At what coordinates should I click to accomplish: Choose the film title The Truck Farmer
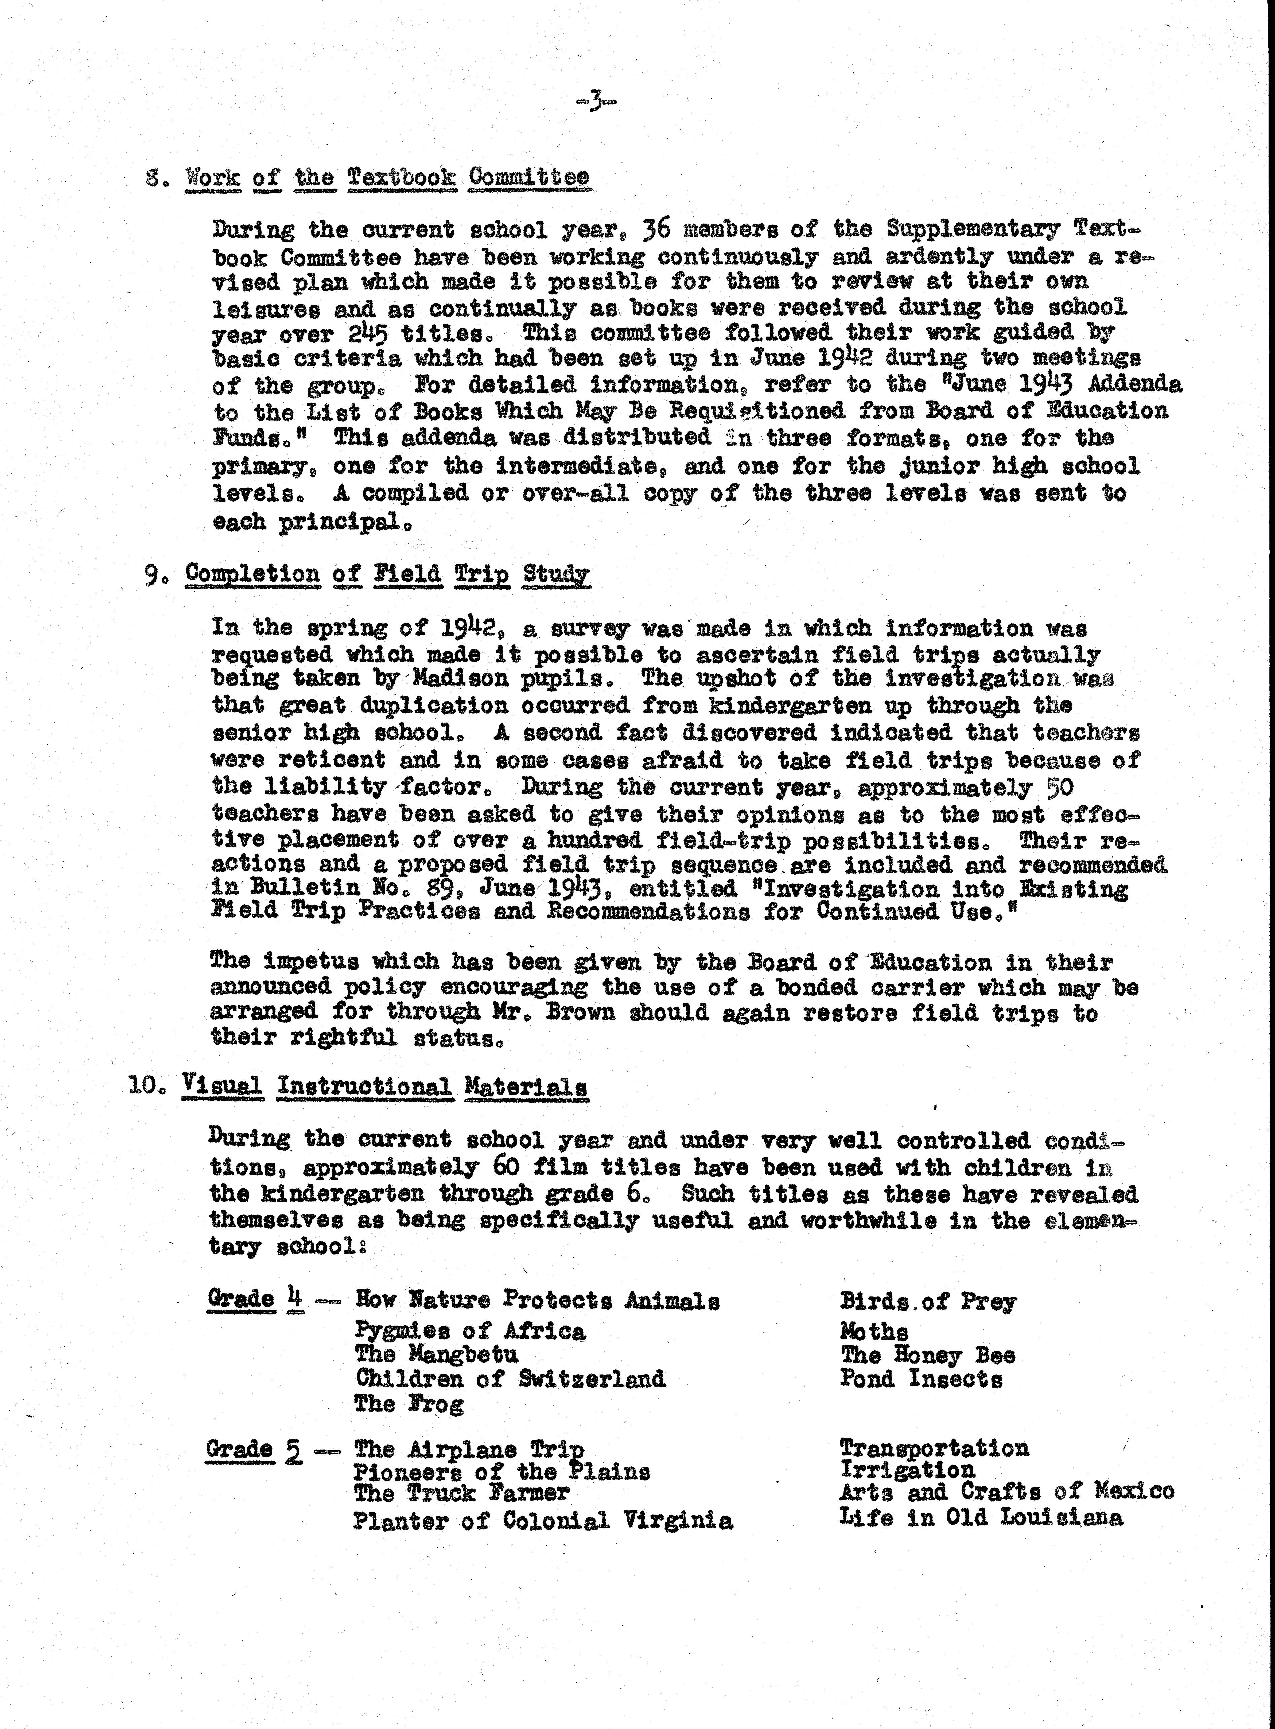pos(462,1493)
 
